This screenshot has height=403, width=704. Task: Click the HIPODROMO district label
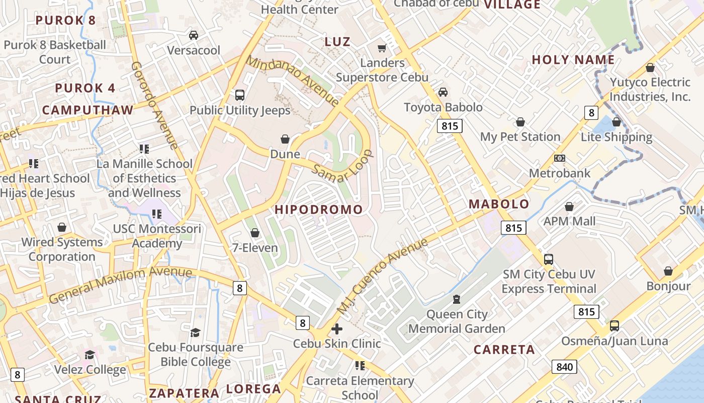click(x=319, y=210)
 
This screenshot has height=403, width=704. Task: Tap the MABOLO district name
click(x=499, y=204)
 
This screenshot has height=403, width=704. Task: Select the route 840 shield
click(x=564, y=367)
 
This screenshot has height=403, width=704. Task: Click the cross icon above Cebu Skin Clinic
click(x=337, y=329)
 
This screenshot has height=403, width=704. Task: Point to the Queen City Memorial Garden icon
click(x=456, y=299)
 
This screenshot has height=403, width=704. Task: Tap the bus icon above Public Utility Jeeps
click(x=240, y=95)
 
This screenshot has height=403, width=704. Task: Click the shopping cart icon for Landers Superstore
click(x=382, y=48)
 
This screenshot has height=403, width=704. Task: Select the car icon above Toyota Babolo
click(x=443, y=92)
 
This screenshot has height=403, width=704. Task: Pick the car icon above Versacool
click(x=194, y=35)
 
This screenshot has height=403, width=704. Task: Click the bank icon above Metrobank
click(x=559, y=158)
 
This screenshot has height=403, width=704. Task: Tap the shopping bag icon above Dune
click(x=285, y=139)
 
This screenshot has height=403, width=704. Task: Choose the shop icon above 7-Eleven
click(x=255, y=233)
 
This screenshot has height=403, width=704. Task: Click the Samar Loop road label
click(x=343, y=167)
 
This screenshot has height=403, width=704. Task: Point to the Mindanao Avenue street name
click(x=293, y=81)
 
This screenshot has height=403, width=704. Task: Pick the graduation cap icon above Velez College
click(x=90, y=355)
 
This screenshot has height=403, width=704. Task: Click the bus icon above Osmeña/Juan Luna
click(x=614, y=326)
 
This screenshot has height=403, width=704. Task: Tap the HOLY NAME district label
click(x=573, y=59)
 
